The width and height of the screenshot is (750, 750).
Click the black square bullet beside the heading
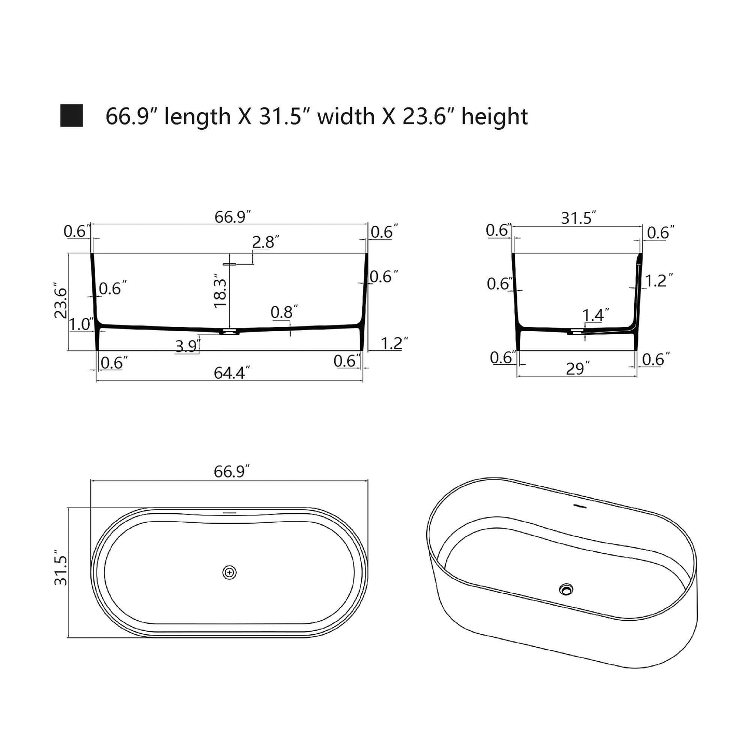click(x=72, y=116)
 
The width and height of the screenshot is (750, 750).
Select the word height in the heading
click(x=494, y=116)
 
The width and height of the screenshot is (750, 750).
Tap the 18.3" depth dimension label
click(x=221, y=292)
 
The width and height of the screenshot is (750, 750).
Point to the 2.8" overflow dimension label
click(x=266, y=242)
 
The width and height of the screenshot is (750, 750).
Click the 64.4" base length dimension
click(x=232, y=372)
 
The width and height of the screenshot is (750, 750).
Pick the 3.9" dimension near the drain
click(x=187, y=346)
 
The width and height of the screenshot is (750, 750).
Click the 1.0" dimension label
click(x=80, y=324)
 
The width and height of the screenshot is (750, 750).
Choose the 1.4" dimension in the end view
click(x=595, y=315)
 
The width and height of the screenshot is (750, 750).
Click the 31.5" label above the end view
click(x=578, y=218)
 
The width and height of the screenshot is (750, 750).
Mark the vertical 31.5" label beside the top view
click(x=61, y=570)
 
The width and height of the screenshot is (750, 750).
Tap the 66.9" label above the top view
click(x=231, y=471)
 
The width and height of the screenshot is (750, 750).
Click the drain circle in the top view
click(x=229, y=572)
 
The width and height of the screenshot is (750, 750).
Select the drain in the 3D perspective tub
click(x=566, y=589)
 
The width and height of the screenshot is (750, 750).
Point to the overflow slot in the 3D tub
click(x=579, y=504)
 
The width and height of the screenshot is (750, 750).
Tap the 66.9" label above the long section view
click(x=233, y=216)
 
